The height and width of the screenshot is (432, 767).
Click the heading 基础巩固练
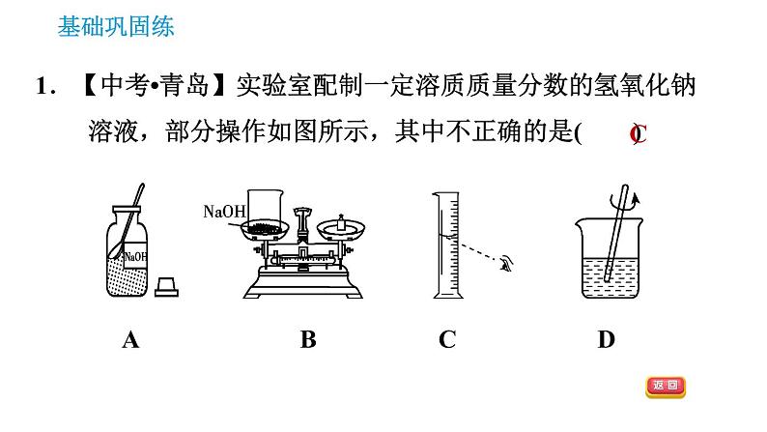(116, 27)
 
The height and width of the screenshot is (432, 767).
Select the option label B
(308, 339)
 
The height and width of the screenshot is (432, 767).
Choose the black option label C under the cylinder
(446, 339)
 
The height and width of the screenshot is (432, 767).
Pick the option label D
(606, 339)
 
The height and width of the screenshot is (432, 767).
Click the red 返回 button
(665, 387)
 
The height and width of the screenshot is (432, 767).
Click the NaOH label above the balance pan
(225, 211)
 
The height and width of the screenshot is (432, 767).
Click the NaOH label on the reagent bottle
(135, 256)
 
